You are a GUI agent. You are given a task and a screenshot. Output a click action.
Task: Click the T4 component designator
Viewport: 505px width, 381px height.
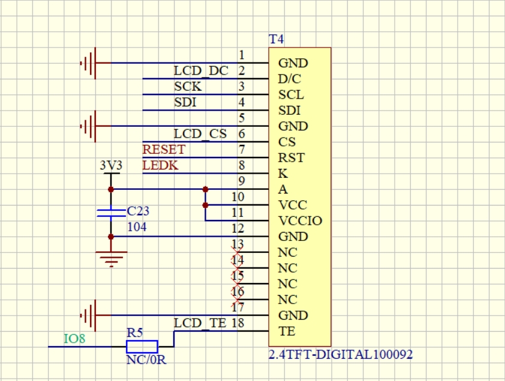click(x=276, y=39)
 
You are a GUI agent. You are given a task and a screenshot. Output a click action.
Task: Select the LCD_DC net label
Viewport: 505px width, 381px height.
click(x=201, y=71)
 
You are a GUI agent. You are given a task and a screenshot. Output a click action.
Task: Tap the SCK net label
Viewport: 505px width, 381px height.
click(x=188, y=87)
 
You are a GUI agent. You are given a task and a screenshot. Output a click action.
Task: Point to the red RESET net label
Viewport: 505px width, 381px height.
click(x=164, y=150)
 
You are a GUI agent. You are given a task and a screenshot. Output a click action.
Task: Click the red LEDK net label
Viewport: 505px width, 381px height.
click(x=160, y=165)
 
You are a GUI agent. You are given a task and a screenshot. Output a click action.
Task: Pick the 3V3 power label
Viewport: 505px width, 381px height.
click(x=111, y=165)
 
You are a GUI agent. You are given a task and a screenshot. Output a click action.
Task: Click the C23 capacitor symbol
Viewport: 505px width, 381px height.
click(x=111, y=213)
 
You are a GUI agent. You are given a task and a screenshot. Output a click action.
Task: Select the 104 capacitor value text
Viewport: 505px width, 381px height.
click(x=137, y=227)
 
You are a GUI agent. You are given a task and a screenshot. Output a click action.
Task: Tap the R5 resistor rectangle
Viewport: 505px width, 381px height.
click(x=142, y=347)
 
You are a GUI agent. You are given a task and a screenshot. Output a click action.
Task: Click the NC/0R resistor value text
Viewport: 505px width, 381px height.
click(x=146, y=360)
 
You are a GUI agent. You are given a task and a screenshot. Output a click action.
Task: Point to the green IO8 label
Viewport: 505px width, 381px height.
click(x=74, y=339)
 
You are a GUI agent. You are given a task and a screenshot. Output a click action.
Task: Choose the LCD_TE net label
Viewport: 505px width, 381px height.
click(x=200, y=323)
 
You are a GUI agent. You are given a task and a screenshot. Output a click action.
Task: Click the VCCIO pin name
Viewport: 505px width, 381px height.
click(x=300, y=221)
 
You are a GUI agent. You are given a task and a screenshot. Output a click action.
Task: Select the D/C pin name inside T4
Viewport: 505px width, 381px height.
click(x=290, y=79)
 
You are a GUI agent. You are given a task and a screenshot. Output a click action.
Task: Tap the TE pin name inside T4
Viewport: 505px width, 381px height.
click(x=287, y=331)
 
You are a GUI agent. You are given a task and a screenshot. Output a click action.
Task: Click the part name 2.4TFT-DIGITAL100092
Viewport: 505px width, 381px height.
click(x=341, y=355)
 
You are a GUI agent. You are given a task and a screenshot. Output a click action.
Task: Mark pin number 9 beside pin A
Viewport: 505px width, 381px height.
click(x=242, y=181)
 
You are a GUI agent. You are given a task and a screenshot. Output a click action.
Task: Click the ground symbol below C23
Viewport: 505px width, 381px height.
click(x=111, y=259)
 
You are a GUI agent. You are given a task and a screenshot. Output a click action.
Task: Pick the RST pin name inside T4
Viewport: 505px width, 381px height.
click(x=291, y=158)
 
